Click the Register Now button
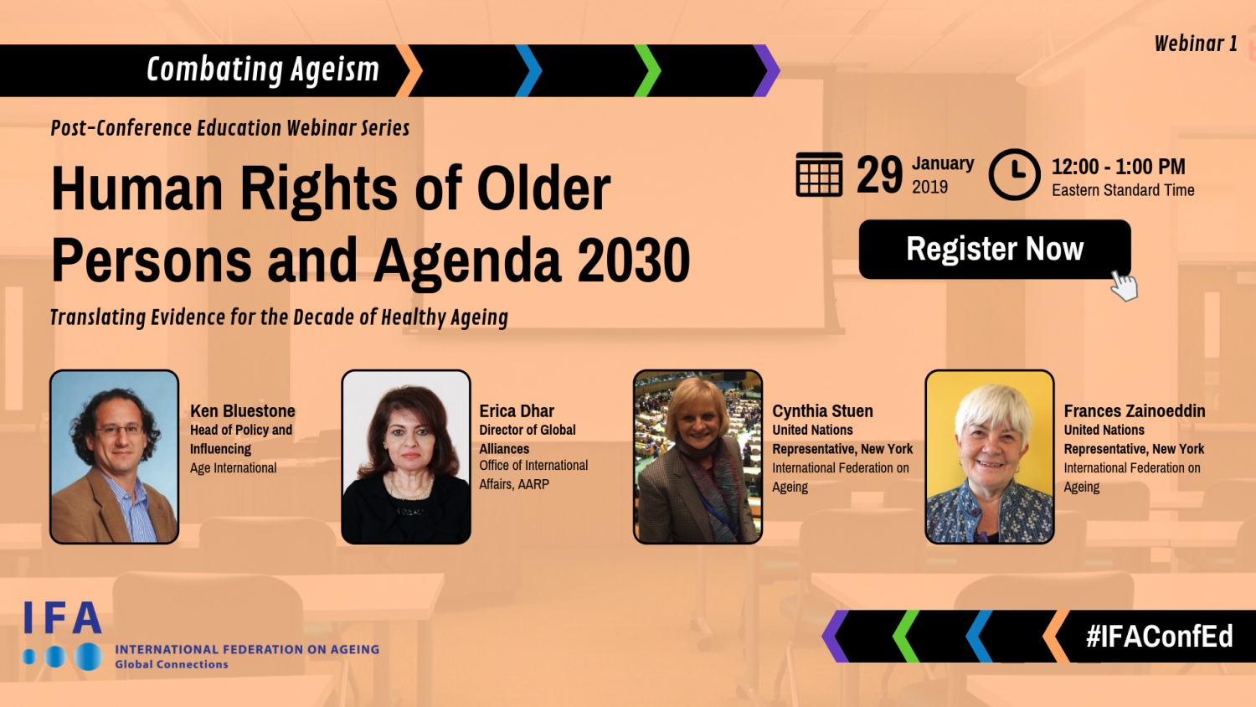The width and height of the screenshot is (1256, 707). click(994, 249)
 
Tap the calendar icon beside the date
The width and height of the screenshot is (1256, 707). click(819, 174)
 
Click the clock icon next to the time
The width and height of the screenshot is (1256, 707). click(1014, 174)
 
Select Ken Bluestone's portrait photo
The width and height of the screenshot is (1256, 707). click(115, 457)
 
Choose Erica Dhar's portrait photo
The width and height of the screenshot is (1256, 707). click(406, 457)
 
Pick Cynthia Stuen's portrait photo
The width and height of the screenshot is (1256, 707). click(697, 457)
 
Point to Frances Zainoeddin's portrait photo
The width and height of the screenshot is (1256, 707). click(989, 457)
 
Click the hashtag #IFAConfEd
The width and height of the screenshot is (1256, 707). click(1159, 637)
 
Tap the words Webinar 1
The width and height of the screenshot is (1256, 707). click(1195, 44)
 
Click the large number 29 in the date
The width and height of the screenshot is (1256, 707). click(879, 175)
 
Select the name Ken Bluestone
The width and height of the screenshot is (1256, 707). click(242, 410)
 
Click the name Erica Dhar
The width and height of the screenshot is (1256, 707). click(517, 410)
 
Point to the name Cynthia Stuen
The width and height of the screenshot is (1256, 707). click(822, 410)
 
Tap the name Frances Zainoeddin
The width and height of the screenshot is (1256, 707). click(1134, 410)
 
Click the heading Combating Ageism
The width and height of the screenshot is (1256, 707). click(263, 70)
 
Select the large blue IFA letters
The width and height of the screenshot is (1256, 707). click(63, 618)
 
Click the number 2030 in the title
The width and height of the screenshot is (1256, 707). click(634, 261)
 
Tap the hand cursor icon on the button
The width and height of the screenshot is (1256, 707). click(1124, 285)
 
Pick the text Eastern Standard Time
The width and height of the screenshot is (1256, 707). click(1123, 190)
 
